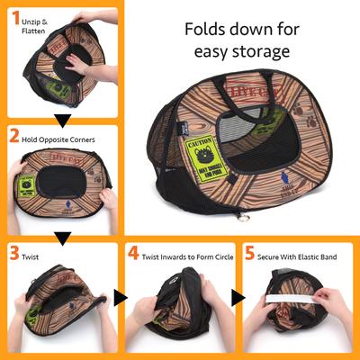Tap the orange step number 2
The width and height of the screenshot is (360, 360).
pyautogui.click(x=14, y=138)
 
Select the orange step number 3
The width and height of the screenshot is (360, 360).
pyautogui.click(x=14, y=255)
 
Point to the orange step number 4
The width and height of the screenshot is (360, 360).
pyautogui.click(x=134, y=256)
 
